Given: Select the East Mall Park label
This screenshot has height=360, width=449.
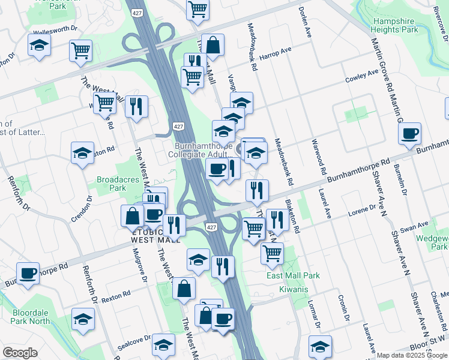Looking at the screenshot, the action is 293,275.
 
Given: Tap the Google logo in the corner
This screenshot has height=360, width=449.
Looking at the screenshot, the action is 20,353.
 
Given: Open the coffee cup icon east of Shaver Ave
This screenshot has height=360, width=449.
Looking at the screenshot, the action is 409,134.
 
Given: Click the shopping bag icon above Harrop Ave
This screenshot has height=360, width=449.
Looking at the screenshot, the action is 212,44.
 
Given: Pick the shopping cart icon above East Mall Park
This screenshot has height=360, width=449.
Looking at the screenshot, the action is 272,253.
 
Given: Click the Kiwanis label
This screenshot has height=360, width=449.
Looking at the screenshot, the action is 294,290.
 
